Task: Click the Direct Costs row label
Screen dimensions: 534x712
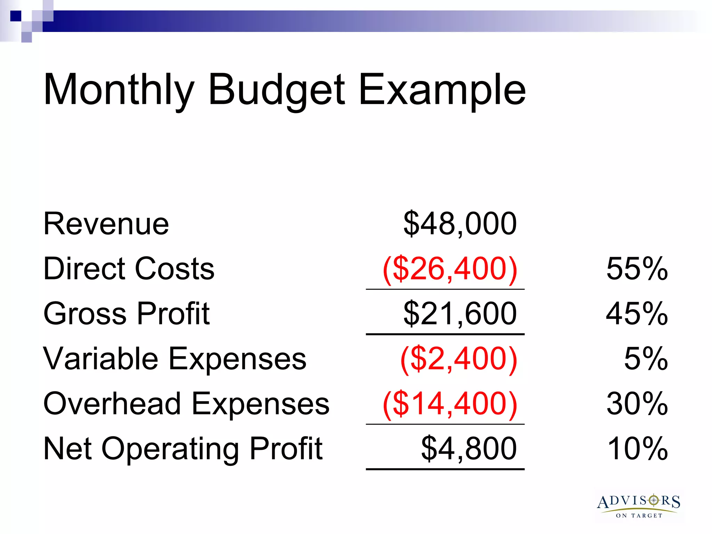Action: click(129, 268)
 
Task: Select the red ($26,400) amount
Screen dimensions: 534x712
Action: click(450, 268)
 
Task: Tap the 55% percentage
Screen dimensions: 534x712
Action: click(637, 268)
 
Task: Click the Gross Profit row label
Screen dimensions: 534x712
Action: click(127, 313)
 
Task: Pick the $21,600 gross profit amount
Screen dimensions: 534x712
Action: click(460, 313)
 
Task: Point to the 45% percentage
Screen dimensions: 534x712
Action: click(637, 313)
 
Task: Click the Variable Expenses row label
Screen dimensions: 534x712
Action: click(175, 358)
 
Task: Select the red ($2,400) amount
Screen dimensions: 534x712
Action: click(459, 358)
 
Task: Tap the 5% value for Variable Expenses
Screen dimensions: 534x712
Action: click(646, 358)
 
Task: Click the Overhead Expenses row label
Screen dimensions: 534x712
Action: click(186, 403)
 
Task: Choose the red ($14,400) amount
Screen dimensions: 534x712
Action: click(450, 403)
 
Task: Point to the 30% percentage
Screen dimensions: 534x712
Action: click(637, 403)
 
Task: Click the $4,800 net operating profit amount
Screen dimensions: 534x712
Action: click(469, 448)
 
